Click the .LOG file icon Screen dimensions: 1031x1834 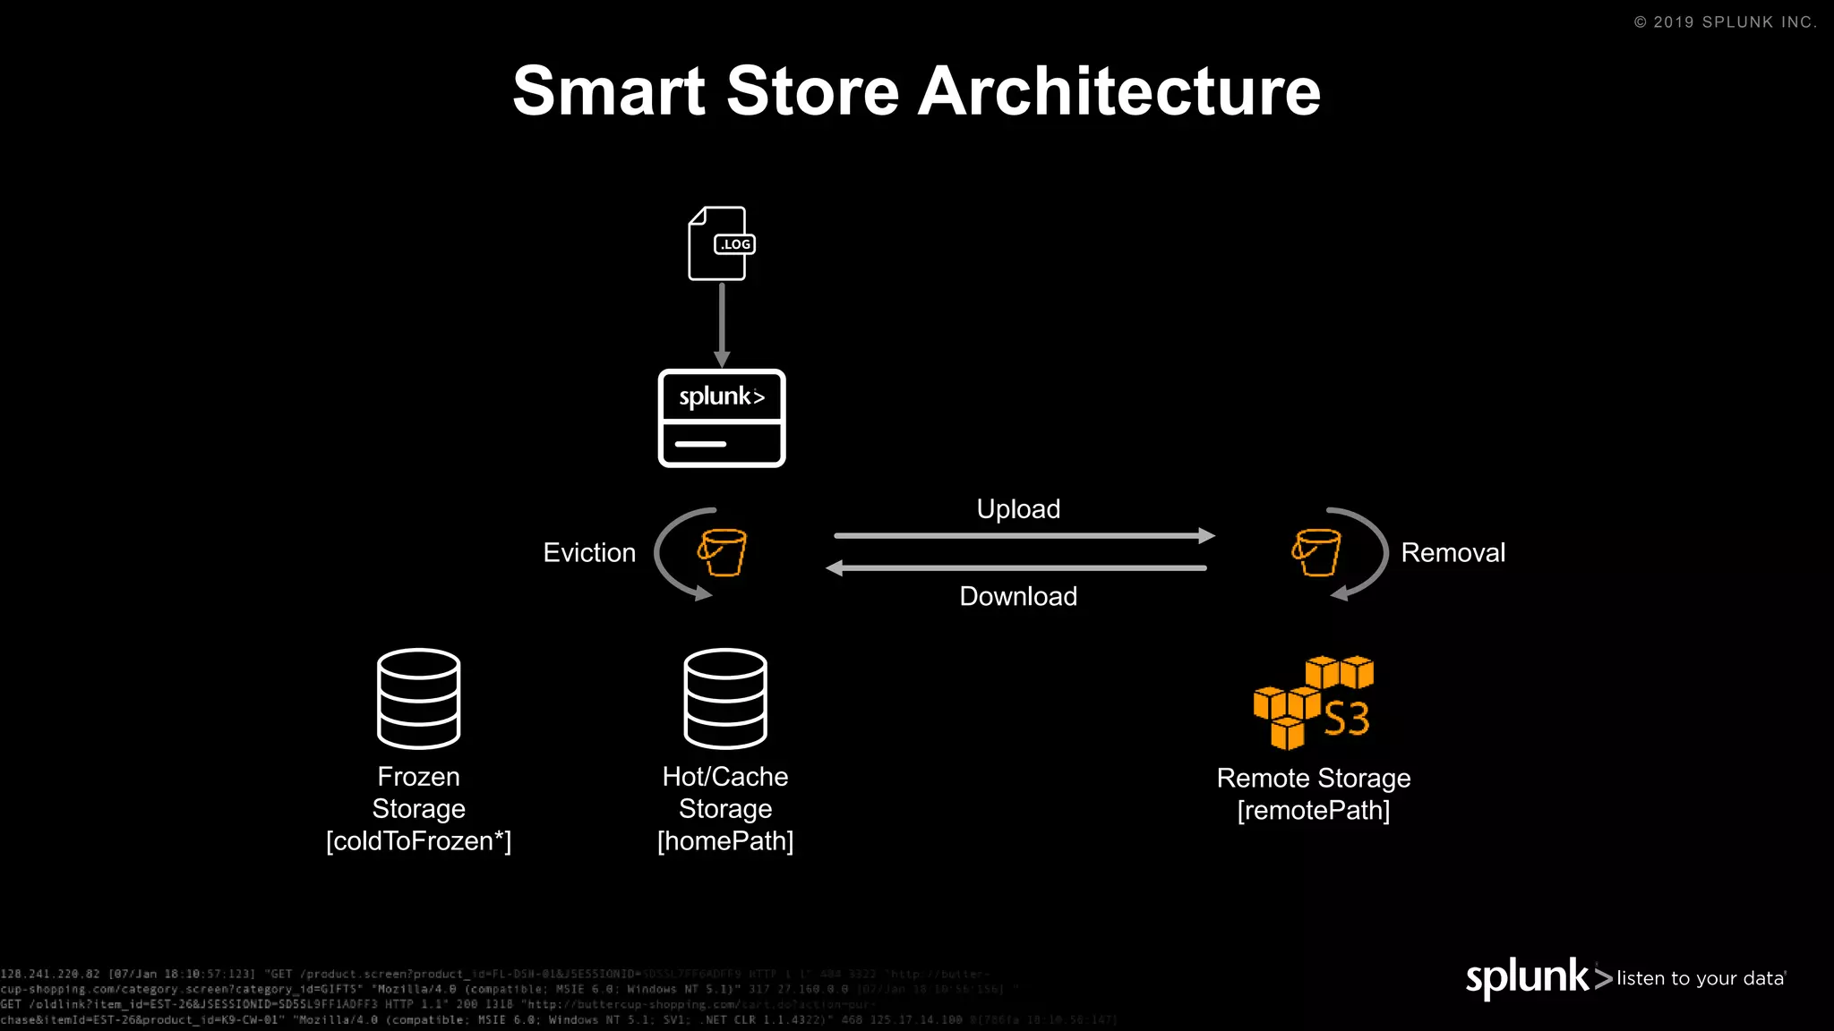pyautogui.click(x=720, y=243)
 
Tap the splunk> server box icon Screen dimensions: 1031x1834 pyautogui.click(x=722, y=418)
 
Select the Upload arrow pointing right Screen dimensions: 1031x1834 pyautogui.click(x=1024, y=536)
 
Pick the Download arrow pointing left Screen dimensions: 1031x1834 pyautogui.click(x=1016, y=568)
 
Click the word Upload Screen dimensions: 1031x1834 pyautogui.click(x=1018, y=509)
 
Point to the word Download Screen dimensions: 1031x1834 pyautogui.click(x=1018, y=597)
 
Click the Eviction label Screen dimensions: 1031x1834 pyautogui.click(x=589, y=553)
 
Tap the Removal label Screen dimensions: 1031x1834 pyautogui.click(x=1453, y=553)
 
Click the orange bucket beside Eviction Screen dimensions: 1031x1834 pyautogui.click(x=723, y=552)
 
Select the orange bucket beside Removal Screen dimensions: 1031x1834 pyautogui.click(x=1316, y=552)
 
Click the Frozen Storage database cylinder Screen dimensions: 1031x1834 pyautogui.click(x=418, y=698)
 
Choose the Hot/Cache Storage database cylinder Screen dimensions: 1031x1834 pyautogui.click(x=725, y=698)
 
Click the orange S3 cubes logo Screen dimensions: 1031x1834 pyautogui.click(x=1314, y=703)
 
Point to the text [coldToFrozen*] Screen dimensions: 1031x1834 pyautogui.click(x=418, y=841)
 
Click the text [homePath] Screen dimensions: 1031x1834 pyautogui.click(x=725, y=841)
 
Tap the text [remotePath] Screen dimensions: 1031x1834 pyautogui.click(x=1314, y=811)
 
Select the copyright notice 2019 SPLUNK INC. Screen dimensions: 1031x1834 pyautogui.click(x=1726, y=22)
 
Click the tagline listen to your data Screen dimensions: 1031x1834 pyautogui.click(x=1701, y=978)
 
